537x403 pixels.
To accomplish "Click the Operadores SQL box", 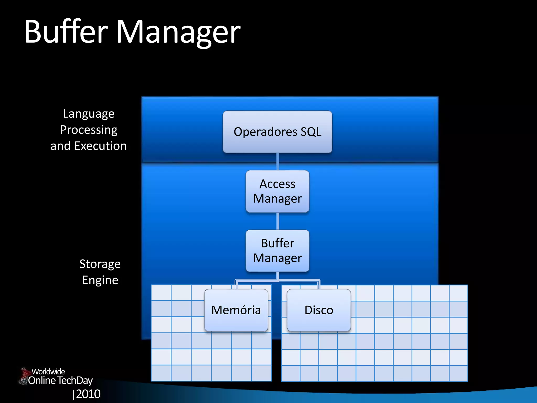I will point(277,132).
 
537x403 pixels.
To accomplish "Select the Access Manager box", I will point(277,191).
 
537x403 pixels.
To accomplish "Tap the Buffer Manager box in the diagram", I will point(277,251).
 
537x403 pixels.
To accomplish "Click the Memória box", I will point(236,310).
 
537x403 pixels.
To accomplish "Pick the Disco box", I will point(319,310).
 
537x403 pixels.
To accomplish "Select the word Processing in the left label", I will point(89,130).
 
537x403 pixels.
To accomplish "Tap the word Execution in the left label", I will point(100,146).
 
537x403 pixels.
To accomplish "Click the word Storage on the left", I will point(100,264).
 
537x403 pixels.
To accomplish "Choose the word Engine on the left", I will point(100,280).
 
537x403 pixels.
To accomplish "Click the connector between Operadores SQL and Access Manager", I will point(277,162).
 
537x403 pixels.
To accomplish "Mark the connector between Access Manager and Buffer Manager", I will point(277,221).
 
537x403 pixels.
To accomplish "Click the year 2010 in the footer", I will point(88,394).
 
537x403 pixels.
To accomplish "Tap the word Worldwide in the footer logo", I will point(48,372).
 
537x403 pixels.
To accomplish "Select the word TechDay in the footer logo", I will point(75,381).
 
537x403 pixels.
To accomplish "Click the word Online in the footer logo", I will point(42,380).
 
